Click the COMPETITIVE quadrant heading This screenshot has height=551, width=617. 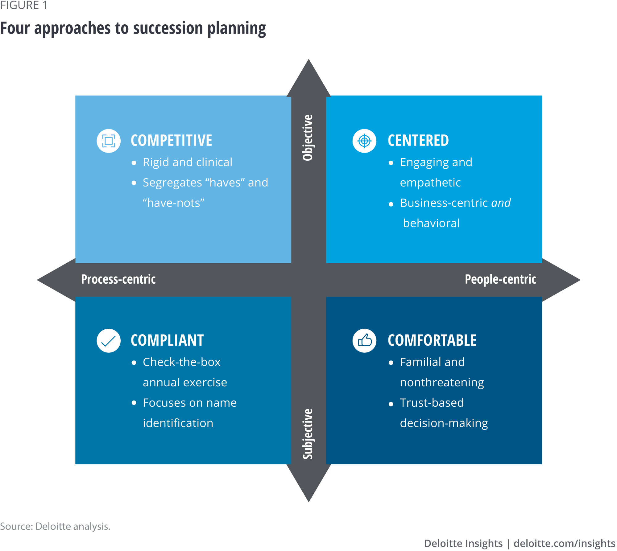171,141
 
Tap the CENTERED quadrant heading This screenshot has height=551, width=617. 418,141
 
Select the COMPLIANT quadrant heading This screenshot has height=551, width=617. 167,340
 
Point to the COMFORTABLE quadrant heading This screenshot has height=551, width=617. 432,340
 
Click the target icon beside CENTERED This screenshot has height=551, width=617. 364,141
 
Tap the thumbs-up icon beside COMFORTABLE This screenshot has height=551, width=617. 364,341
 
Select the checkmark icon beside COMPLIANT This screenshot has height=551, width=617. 109,341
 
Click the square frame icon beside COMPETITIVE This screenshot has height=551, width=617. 109,141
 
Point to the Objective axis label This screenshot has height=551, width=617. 308,138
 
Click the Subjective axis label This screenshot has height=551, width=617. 308,434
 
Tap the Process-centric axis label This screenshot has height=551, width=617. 118,279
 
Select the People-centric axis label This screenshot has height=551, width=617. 500,279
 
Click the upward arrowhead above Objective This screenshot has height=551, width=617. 308,77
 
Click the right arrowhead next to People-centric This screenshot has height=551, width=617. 561,280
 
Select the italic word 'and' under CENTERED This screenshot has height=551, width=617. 501,203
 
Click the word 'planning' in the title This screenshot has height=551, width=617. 237,29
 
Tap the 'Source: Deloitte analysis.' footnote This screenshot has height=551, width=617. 55,526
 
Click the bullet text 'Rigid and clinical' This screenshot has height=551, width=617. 187,162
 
